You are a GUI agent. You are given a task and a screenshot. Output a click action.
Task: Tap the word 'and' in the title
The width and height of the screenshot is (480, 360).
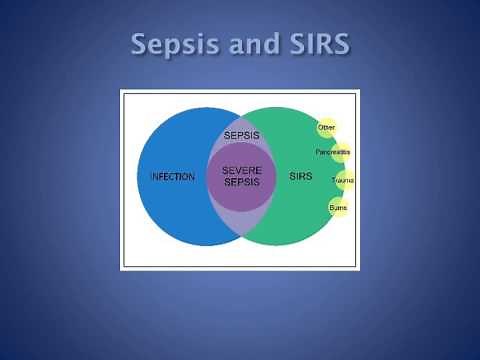pyautogui.click(x=254, y=45)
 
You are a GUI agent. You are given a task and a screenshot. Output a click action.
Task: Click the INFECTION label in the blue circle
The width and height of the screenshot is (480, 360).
pyautogui.click(x=172, y=177)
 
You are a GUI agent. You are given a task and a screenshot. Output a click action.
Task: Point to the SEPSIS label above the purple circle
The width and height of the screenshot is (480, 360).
pyautogui.click(x=239, y=134)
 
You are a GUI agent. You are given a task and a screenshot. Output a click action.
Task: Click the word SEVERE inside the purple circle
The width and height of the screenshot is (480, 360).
pyautogui.click(x=241, y=171)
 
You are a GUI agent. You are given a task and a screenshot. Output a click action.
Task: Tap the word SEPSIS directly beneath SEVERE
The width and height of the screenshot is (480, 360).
pyautogui.click(x=241, y=183)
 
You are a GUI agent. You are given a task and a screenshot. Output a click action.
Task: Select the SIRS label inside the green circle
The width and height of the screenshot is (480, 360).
pyautogui.click(x=301, y=177)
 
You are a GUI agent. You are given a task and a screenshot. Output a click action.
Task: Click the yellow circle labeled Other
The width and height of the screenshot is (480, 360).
pyautogui.click(x=326, y=128)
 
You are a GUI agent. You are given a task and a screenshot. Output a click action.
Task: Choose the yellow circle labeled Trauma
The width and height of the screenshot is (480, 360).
pyautogui.click(x=343, y=181)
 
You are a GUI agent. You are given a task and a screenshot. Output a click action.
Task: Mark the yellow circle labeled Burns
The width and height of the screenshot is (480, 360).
pyautogui.click(x=338, y=207)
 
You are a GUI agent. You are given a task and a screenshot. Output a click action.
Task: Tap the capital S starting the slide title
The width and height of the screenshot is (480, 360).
pyautogui.click(x=141, y=45)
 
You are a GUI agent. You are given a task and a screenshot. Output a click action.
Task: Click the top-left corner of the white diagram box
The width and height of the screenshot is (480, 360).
pyautogui.click(x=121, y=91)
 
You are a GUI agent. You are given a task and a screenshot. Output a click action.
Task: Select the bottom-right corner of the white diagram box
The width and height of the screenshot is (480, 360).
pyautogui.click(x=359, y=269)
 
